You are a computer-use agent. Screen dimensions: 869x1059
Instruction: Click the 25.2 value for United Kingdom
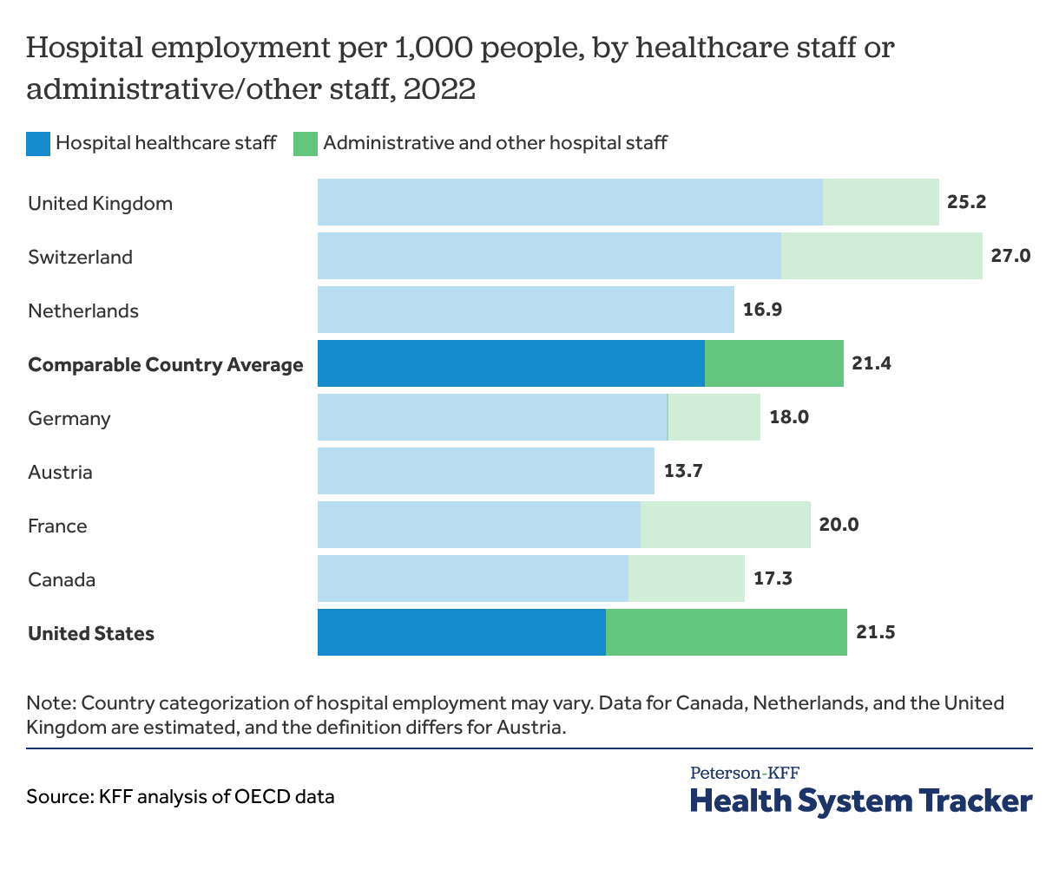[x=967, y=203]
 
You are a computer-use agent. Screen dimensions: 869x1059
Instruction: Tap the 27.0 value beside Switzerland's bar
[x=1010, y=257]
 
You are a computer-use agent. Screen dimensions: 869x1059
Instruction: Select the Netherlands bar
[x=525, y=310]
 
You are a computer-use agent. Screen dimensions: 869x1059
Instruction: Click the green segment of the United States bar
[x=726, y=632]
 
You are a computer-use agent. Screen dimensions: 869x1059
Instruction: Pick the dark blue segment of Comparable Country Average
[x=510, y=363]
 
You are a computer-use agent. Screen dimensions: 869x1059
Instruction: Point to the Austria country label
[x=60, y=472]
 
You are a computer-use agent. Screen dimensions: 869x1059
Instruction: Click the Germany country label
[x=69, y=418]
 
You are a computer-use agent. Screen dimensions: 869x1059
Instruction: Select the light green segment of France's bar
[x=725, y=525]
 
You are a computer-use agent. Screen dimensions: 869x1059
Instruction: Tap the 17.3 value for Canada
[x=773, y=579]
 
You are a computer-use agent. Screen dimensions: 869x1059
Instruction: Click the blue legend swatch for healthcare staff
[x=38, y=143]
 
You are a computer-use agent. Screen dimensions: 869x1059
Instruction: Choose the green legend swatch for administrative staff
[x=306, y=143]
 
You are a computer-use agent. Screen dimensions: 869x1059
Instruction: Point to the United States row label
[x=91, y=633]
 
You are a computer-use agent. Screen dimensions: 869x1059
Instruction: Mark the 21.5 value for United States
[x=875, y=632]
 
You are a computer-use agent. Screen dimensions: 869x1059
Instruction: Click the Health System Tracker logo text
[x=861, y=800]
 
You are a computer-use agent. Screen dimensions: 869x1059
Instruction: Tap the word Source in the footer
[x=56, y=796]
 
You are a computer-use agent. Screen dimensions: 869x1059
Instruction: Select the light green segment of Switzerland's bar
[x=881, y=256]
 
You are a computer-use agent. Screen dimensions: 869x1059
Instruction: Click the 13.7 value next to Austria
[x=682, y=472]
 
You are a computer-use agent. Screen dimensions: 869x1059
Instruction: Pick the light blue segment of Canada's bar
[x=472, y=578]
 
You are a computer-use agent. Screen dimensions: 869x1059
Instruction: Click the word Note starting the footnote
[x=49, y=702]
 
